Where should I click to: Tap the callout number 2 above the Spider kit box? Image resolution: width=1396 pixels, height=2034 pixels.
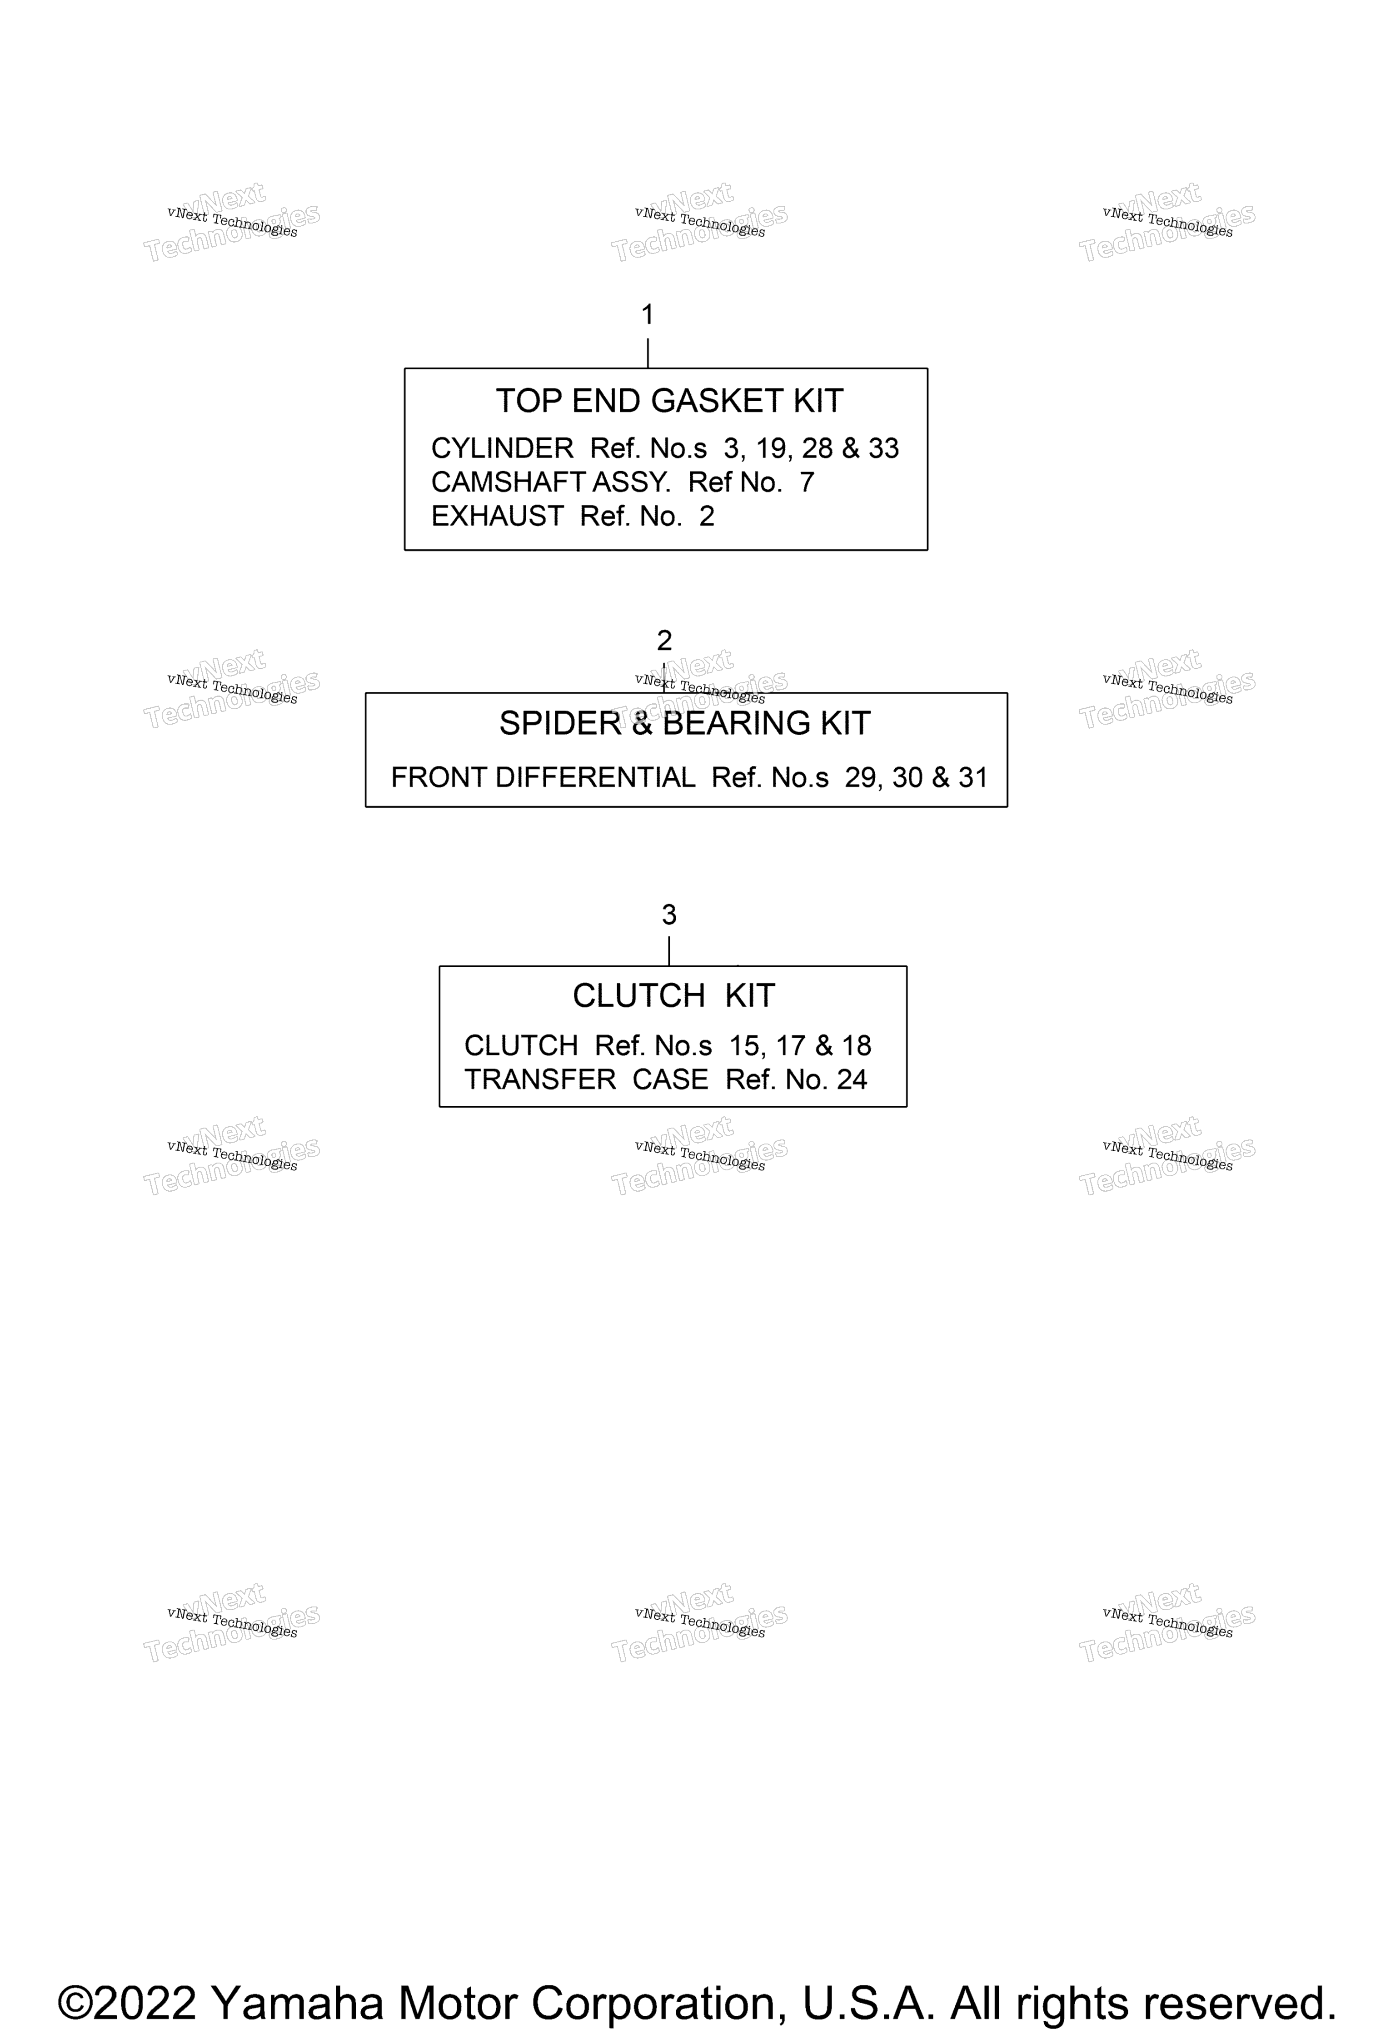pos(664,641)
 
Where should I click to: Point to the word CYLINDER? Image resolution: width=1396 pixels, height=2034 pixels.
pos(503,448)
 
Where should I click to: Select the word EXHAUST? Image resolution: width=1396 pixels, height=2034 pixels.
pos(497,517)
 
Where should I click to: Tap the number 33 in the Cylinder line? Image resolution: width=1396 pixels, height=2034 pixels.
pos(884,448)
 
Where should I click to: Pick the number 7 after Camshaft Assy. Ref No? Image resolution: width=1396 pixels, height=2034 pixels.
pos(807,482)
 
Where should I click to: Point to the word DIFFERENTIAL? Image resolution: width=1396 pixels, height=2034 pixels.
pos(595,777)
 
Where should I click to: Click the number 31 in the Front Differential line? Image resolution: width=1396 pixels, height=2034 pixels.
pos(973,777)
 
